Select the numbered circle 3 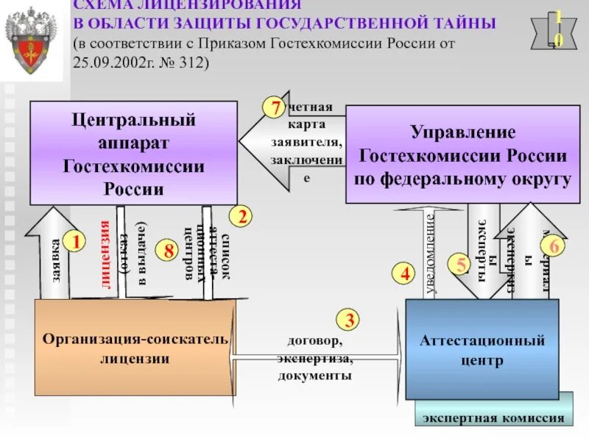[x=348, y=320]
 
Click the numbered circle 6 [x=555, y=247]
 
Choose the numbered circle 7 [x=275, y=108]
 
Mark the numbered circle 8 [x=169, y=251]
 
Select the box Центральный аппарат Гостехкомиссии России [x=133, y=153]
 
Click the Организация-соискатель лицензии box [x=135, y=349]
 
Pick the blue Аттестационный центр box [x=482, y=349]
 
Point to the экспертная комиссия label [x=493, y=419]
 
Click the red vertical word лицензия [x=105, y=254]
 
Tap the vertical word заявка [x=56, y=262]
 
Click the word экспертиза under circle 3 [x=314, y=359]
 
